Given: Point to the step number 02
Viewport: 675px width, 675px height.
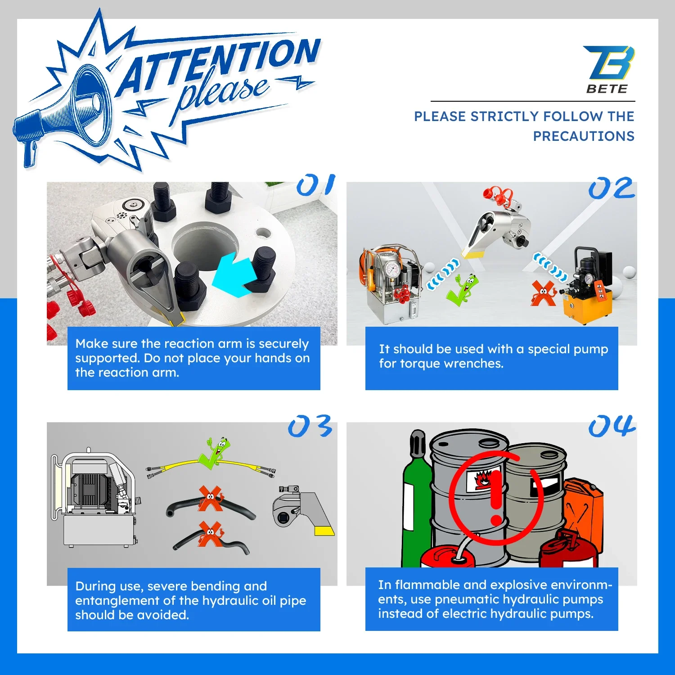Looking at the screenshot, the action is (612, 188).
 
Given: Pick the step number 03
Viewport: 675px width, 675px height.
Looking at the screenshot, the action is (310, 426).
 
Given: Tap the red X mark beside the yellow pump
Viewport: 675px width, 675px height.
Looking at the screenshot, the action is (544, 293).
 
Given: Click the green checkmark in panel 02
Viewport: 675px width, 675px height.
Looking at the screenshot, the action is (462, 290).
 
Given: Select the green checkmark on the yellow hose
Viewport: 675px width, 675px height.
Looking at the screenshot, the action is (214, 453).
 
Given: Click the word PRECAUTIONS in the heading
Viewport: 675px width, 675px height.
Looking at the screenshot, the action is (584, 136).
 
